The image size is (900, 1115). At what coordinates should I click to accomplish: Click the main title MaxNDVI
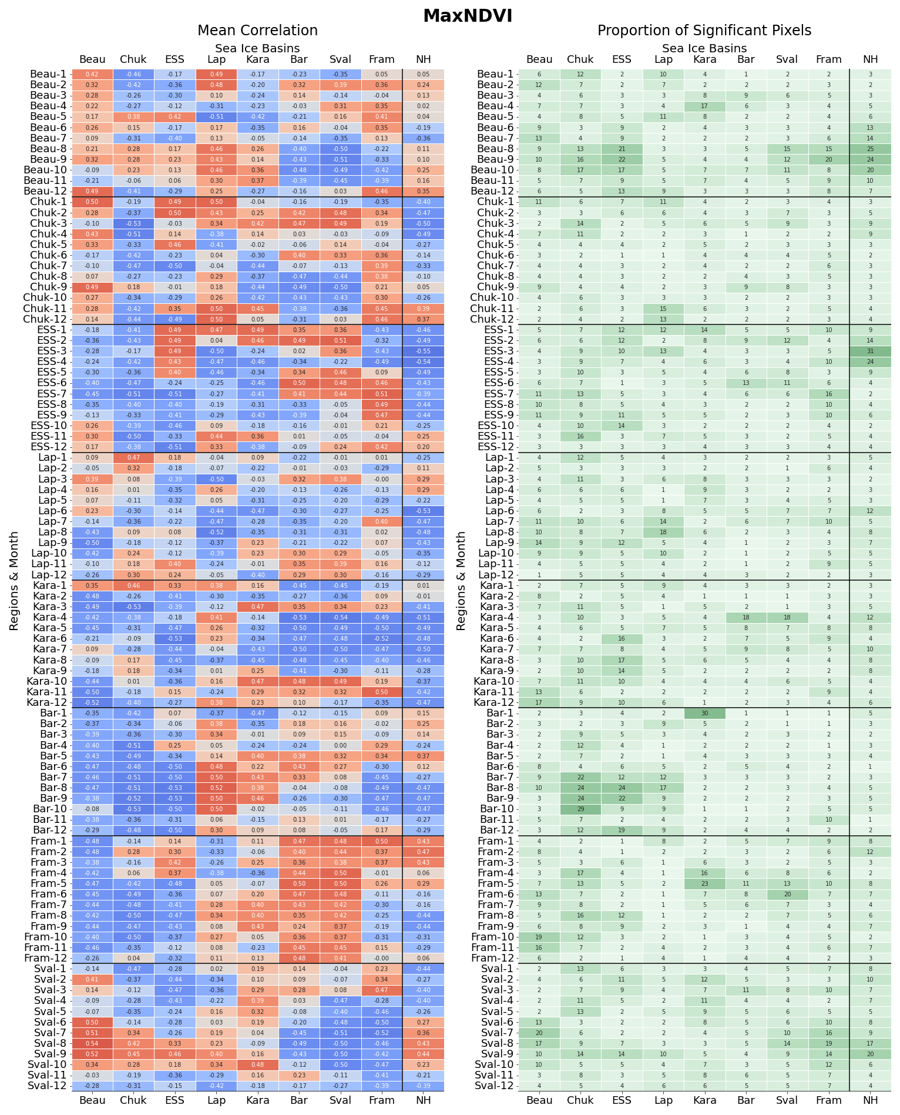coord(468,16)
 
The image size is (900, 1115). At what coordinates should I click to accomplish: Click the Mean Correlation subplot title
coord(257,31)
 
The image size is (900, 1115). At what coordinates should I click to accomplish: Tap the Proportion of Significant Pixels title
coord(704,31)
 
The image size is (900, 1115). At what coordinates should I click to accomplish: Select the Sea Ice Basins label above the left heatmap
coord(257,48)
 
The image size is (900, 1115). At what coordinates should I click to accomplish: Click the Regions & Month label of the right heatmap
coord(461,581)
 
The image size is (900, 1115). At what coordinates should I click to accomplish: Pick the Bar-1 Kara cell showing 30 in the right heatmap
coord(704,713)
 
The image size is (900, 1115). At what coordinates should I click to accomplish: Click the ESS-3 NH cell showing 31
coord(870,351)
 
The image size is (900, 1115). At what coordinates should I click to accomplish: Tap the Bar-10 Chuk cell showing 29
coord(580,809)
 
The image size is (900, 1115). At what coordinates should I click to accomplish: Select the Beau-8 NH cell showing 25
coord(870,149)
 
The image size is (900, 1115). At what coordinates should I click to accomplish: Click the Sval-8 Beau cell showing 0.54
coord(92,1043)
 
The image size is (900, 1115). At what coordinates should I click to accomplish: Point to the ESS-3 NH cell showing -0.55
coord(423,351)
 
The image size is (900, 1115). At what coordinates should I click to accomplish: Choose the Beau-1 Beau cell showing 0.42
coord(92,74)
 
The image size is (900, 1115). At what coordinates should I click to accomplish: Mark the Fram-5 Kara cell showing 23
coord(704,883)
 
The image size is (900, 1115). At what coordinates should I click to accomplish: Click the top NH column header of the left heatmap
coord(423,59)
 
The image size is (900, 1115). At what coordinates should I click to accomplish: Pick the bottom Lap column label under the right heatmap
coord(663,1100)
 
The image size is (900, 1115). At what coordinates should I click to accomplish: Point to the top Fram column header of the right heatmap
coord(828,59)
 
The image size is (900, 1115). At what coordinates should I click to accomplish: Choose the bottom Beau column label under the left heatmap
coord(92,1100)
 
